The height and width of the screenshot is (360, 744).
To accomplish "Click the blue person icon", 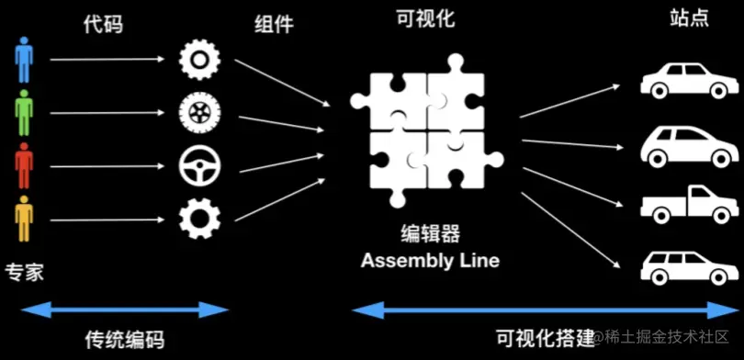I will [24, 61].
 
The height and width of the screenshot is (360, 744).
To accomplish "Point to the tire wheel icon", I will [198, 113].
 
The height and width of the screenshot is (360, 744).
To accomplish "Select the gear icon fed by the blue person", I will [198, 61].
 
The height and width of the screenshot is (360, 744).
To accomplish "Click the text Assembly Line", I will [430, 261].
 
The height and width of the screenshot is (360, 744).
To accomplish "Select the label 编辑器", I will [430, 233].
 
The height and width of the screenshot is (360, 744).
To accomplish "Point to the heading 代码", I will [102, 24].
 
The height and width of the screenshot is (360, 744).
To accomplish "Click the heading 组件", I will [274, 24].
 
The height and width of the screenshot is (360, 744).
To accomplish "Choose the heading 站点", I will [689, 18].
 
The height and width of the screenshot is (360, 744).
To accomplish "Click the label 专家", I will [24, 273].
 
